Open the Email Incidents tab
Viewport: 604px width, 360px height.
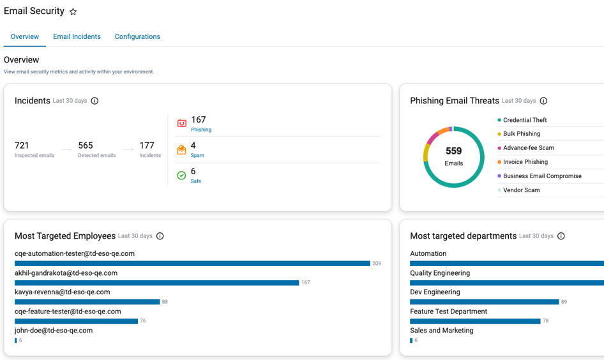[x=77, y=36]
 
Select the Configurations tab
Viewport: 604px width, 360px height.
[x=137, y=36]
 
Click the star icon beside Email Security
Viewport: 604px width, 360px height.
[x=73, y=11]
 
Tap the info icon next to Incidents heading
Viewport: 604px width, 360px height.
[x=94, y=101]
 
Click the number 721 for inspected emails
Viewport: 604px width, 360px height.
[x=22, y=145]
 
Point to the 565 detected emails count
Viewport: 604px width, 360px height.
[x=86, y=145]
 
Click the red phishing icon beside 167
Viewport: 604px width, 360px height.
[x=182, y=123]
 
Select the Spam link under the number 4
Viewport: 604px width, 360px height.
[x=197, y=155]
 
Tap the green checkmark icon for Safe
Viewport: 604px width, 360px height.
[x=181, y=175]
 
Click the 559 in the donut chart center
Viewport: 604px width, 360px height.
[x=454, y=151]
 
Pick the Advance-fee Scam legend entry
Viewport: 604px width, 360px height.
[x=526, y=148]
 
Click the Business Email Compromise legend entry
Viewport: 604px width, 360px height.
[x=540, y=176]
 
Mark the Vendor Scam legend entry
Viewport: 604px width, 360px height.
[x=518, y=190]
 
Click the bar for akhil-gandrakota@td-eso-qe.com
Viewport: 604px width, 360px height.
[x=157, y=283]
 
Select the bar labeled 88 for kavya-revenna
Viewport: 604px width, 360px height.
[x=87, y=302]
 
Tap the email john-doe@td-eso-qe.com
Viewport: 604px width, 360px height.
[x=54, y=331]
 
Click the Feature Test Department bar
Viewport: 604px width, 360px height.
[x=475, y=321]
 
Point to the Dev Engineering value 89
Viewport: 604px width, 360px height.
[x=564, y=302]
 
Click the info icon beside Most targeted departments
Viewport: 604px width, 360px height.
[x=561, y=236]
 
